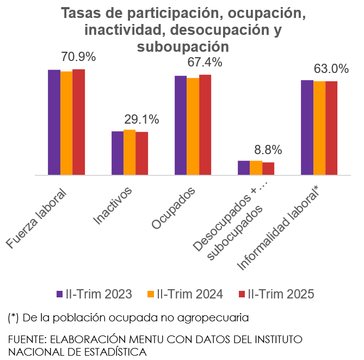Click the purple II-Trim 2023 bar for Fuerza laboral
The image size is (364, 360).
click(54, 123)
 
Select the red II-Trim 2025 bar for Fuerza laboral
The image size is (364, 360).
click(78, 122)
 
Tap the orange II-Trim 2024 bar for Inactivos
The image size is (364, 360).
click(129, 152)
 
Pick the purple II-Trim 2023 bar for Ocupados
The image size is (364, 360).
click(180, 125)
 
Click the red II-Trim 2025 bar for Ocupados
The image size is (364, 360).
click(205, 125)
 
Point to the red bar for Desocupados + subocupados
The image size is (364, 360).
click(268, 169)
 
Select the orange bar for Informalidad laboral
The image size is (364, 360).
click(319, 128)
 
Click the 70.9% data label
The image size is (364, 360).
click(78, 57)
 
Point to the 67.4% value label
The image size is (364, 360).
click(205, 62)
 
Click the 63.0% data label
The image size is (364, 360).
click(331, 69)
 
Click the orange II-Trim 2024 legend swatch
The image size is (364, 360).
click(151, 294)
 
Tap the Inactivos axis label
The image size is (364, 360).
click(114, 206)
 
